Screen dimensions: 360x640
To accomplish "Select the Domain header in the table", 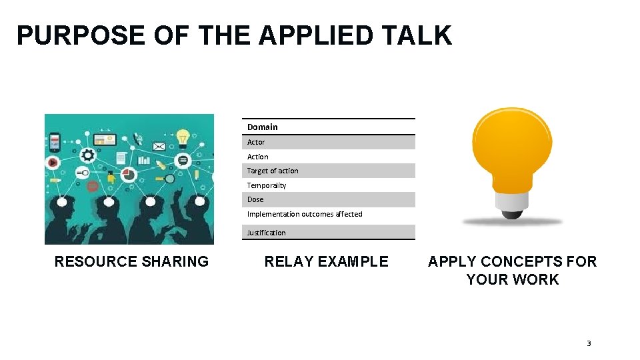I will [x=262, y=127].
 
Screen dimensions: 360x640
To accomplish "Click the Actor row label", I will [x=256, y=142].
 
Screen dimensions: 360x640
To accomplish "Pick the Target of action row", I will [x=273, y=171].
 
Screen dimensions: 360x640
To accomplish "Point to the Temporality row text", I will [x=267, y=185].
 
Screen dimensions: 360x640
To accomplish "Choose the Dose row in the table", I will [x=255, y=199].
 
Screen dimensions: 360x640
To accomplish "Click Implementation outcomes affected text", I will [x=305, y=214].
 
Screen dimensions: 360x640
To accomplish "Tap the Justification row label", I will [x=266, y=233].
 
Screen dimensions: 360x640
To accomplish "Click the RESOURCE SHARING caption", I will [x=131, y=261].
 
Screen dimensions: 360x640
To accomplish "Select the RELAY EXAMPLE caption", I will [x=326, y=261].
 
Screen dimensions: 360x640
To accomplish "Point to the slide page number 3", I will [x=589, y=343].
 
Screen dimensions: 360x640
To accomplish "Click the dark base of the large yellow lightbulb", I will [x=512, y=213].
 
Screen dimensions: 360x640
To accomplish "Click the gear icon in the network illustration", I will [x=87, y=155].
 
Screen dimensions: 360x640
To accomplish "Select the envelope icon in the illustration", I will [x=159, y=146].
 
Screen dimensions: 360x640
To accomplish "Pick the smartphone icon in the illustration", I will [x=55, y=141].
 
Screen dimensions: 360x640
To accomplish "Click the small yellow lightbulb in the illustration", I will [x=183, y=137].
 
